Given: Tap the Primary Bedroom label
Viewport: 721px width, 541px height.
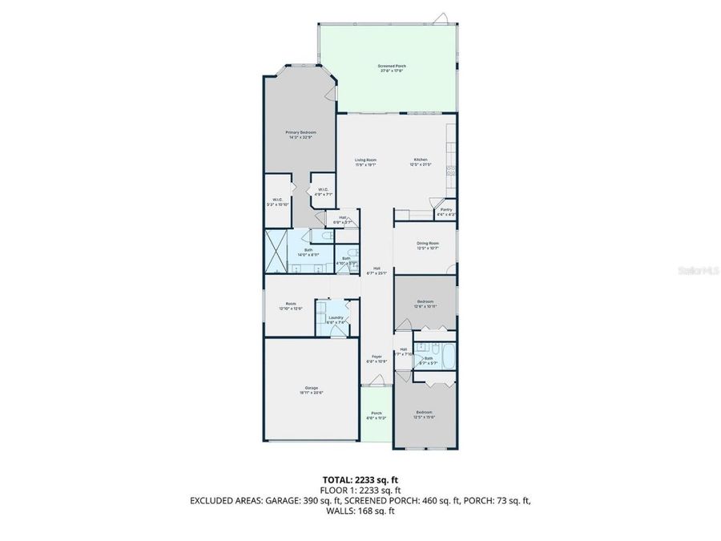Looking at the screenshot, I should [x=301, y=134].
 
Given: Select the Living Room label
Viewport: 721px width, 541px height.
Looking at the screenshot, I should [x=366, y=162].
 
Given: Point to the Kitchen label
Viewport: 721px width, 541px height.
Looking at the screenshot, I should [x=421, y=162].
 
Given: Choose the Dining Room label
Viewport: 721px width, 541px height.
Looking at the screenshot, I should [x=427, y=245].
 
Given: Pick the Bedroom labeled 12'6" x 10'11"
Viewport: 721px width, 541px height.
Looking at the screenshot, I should [x=425, y=304].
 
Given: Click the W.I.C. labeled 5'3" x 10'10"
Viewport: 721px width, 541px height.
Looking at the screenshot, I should [x=276, y=202].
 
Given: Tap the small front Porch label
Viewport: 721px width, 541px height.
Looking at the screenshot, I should [x=376, y=415].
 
